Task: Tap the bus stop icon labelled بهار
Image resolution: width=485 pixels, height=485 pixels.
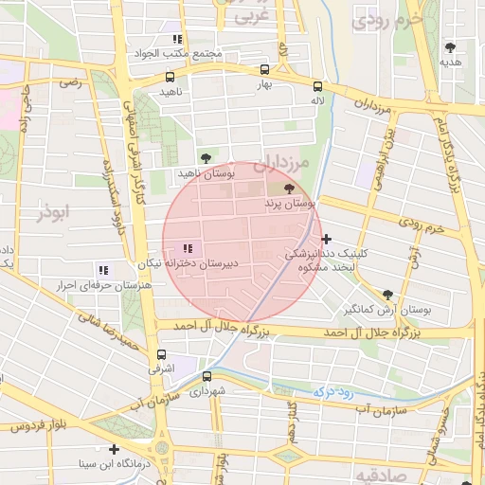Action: [x=264, y=69]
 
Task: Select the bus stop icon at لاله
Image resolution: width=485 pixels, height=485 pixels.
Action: [x=316, y=82]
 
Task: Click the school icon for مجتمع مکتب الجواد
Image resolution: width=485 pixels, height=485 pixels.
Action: [x=176, y=40]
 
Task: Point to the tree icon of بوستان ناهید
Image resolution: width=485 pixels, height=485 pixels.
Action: [x=206, y=157]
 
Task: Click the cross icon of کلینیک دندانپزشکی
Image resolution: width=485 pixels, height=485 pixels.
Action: [x=327, y=240]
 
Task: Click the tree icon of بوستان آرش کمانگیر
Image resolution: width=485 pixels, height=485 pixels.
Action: [x=387, y=296]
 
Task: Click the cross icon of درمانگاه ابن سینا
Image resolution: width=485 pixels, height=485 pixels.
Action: [x=115, y=449]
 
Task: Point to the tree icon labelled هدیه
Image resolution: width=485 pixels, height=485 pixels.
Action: [x=450, y=46]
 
